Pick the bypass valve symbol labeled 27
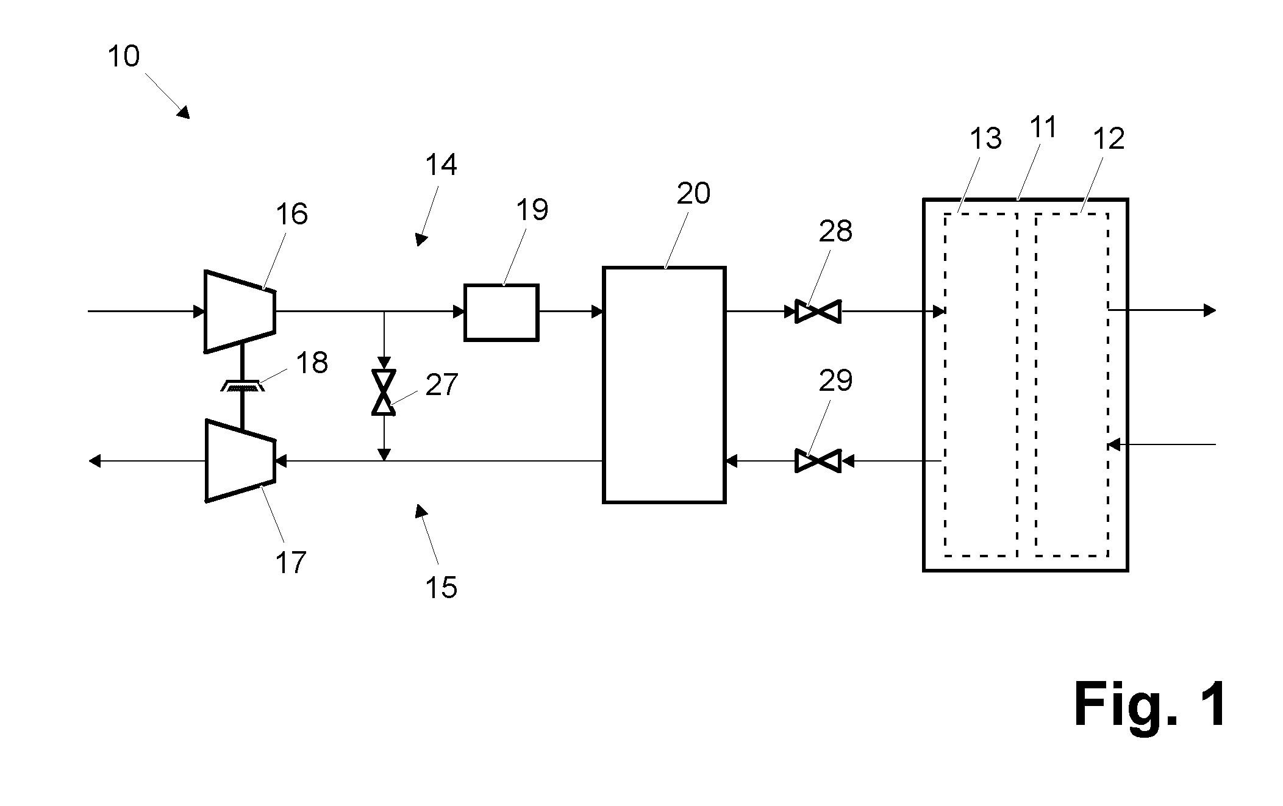[384, 393]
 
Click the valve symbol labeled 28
[818, 312]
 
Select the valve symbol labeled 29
[818, 461]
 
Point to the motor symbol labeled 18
[242, 386]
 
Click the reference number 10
[124, 57]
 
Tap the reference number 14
[441, 165]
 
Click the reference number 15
[441, 588]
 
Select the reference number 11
[1043, 127]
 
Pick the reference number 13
[985, 139]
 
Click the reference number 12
[1109, 139]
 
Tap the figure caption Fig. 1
[1151, 705]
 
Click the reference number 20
[693, 194]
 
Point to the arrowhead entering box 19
[459, 312]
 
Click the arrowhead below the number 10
[184, 112]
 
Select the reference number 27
[441, 385]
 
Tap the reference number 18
[312, 363]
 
